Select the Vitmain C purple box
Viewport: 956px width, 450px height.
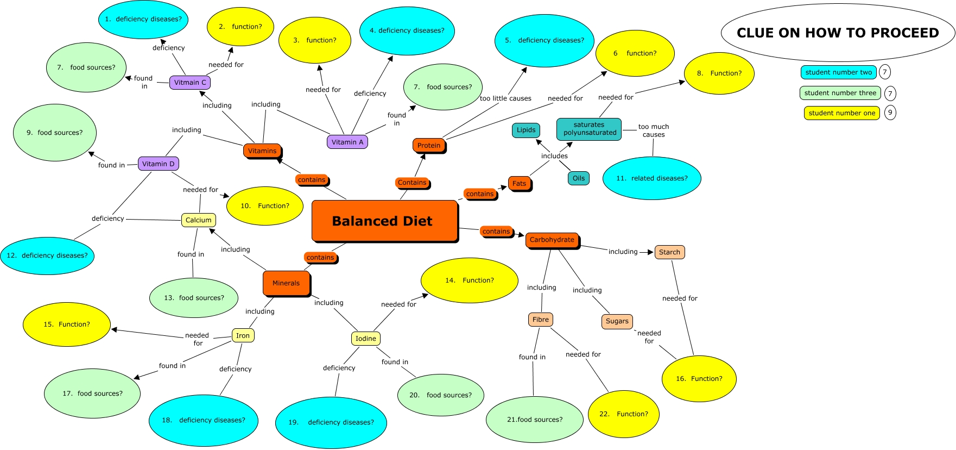pyautogui.click(x=190, y=83)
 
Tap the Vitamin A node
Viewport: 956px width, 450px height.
pyautogui.click(x=347, y=142)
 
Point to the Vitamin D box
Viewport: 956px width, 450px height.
pyautogui.click(x=159, y=164)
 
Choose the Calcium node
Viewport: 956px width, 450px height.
pyautogui.click(x=198, y=220)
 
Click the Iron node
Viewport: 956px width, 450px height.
pyautogui.click(x=243, y=335)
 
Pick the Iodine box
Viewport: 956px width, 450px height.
pyautogui.click(x=365, y=339)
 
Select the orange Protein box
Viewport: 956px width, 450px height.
pyautogui.click(x=429, y=145)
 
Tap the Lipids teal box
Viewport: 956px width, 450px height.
pyautogui.click(x=526, y=130)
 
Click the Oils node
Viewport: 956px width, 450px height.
pyautogui.click(x=579, y=178)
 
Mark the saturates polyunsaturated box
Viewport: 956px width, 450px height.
pyautogui.click(x=589, y=129)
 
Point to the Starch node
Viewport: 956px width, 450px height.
pyautogui.click(x=669, y=252)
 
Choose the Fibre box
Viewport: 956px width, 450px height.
pyautogui.click(x=540, y=320)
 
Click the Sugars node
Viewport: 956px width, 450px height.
pyautogui.click(x=617, y=321)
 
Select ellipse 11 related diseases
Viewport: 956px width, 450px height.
pyautogui.click(x=651, y=178)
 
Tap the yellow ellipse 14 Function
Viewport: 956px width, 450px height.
pyautogui.click(x=470, y=280)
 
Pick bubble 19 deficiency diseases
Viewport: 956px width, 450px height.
pyautogui.click(x=331, y=422)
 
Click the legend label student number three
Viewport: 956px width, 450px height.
pyautogui.click(x=840, y=93)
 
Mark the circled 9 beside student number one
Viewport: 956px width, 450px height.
pyautogui.click(x=890, y=112)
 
